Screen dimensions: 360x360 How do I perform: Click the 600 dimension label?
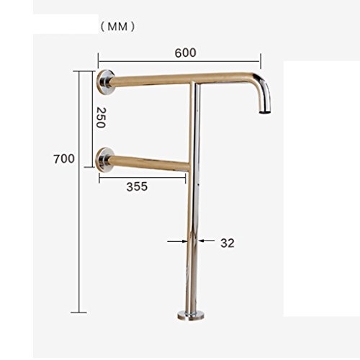point(185,53)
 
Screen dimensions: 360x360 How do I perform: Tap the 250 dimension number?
point(101,117)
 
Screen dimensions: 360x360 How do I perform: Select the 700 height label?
point(64,159)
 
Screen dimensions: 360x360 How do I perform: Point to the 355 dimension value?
point(137,186)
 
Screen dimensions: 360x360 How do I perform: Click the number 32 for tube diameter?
point(228,243)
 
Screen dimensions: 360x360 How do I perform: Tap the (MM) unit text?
point(117,27)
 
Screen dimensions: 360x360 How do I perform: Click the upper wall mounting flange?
point(105,83)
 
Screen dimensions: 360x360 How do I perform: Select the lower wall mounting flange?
point(104,160)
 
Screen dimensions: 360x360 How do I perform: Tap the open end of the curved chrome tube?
point(265,112)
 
